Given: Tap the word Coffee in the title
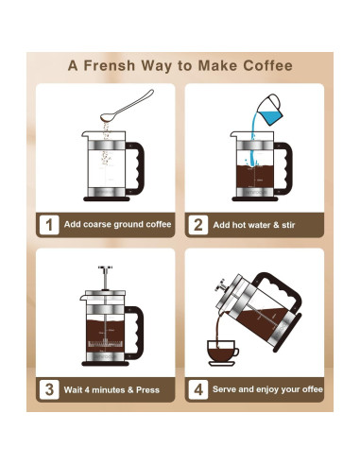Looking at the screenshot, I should click(x=264, y=66).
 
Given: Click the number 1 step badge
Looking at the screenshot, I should click(x=48, y=225).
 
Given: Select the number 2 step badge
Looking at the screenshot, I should click(x=198, y=225).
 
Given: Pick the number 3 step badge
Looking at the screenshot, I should click(x=48, y=388).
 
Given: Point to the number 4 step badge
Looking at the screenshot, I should click(x=198, y=388).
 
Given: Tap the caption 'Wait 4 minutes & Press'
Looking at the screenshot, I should click(x=112, y=389).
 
